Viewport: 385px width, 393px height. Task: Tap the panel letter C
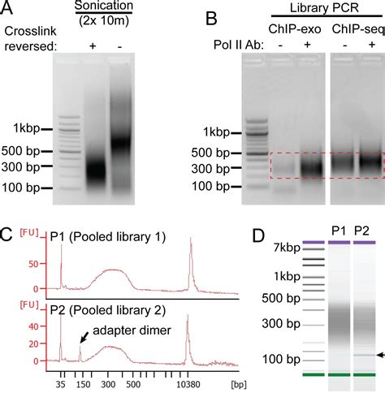[7, 238]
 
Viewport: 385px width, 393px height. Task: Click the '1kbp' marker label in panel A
[24, 128]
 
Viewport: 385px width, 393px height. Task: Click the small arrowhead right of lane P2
[379, 355]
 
